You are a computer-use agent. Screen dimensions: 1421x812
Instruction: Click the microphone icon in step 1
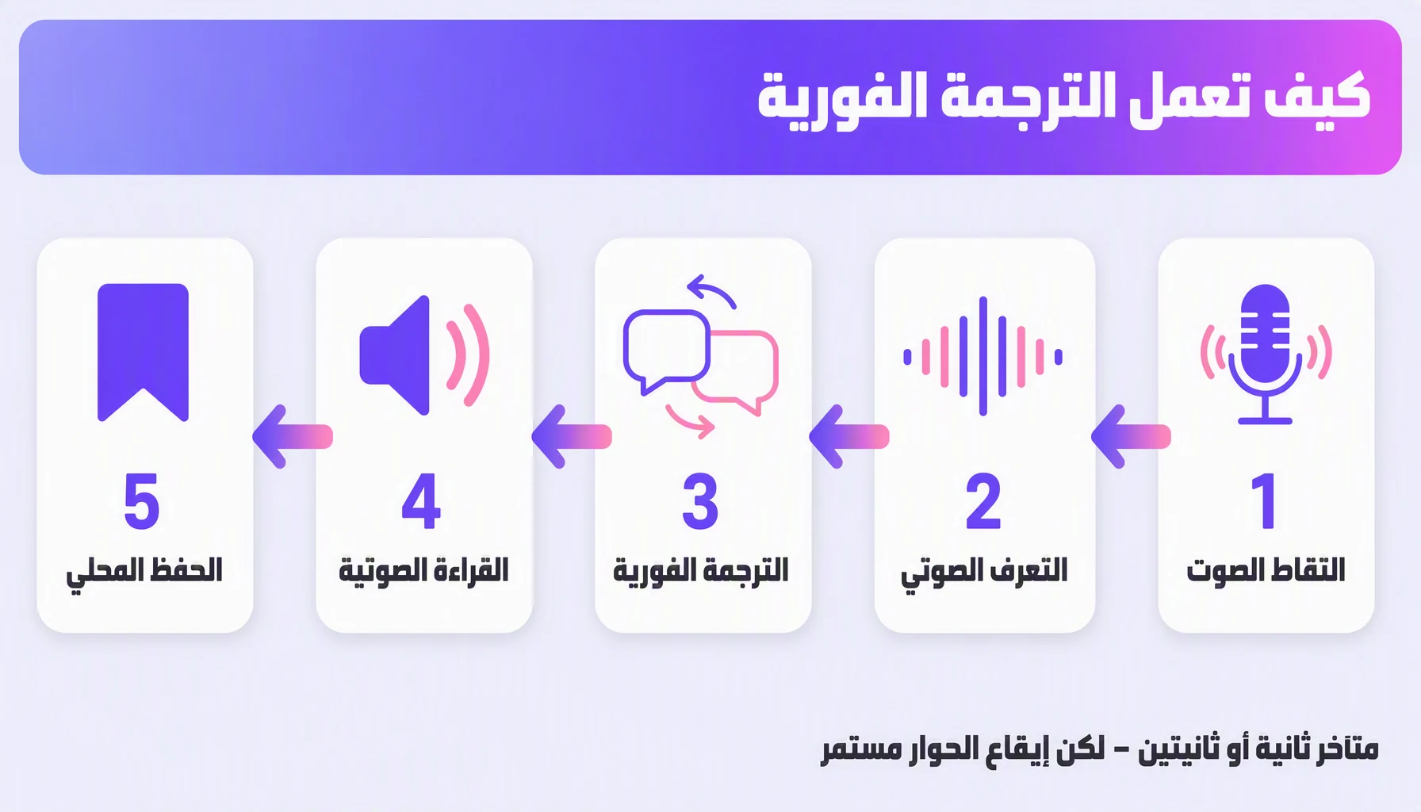tap(1266, 354)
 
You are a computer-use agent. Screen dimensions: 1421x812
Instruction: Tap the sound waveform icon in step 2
tap(982, 356)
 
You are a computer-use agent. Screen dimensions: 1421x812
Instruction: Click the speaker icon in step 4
tap(424, 355)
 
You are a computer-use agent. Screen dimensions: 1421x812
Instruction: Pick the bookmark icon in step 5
tap(143, 352)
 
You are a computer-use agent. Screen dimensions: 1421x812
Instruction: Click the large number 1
tap(1264, 500)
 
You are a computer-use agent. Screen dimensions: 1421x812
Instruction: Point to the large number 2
tap(983, 500)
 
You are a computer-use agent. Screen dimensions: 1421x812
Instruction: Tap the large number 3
tap(700, 500)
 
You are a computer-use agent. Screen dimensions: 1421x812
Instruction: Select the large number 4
tap(421, 500)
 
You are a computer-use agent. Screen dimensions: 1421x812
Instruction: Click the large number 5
tap(142, 500)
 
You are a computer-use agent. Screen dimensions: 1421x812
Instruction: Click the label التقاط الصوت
tap(1266, 570)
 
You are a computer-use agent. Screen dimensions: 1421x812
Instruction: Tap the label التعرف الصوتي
tap(984, 573)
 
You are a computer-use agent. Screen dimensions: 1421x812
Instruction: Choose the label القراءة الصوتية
tap(423, 570)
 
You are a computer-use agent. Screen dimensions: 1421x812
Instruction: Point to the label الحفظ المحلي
tap(144, 573)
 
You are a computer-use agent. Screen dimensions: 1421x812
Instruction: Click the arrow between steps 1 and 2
tap(1131, 436)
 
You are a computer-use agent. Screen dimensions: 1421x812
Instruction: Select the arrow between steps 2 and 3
tap(849, 436)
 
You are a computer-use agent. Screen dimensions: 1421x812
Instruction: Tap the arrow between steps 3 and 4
tap(572, 436)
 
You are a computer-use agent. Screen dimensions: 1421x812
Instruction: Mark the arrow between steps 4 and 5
tap(293, 436)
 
